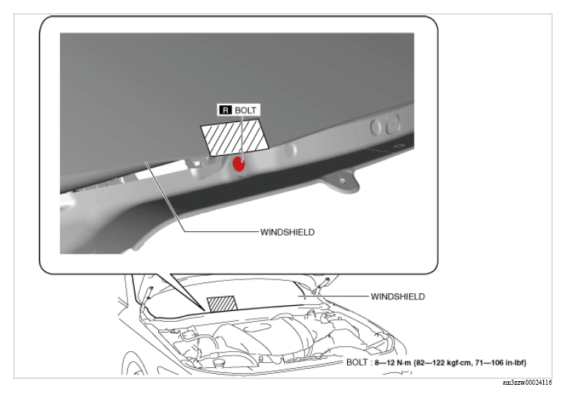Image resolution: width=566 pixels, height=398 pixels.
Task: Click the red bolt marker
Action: [x=239, y=164]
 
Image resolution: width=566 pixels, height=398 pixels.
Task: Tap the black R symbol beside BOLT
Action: [x=226, y=110]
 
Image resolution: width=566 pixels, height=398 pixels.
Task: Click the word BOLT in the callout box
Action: [x=245, y=110]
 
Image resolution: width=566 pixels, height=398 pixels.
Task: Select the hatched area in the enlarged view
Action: [x=234, y=138]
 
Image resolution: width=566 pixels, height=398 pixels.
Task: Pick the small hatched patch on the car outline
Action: [x=223, y=304]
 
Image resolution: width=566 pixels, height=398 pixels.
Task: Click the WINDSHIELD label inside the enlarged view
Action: [x=287, y=232]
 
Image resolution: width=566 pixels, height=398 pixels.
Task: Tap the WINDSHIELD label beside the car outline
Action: [x=398, y=296]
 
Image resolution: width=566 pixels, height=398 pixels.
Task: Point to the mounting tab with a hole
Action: [x=341, y=181]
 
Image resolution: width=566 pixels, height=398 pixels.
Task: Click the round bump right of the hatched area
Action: [x=291, y=151]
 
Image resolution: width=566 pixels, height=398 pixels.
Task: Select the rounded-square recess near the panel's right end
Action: [x=392, y=124]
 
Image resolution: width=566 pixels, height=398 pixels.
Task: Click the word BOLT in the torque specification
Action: [x=357, y=362]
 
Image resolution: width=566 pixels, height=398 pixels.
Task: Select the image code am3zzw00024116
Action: [x=527, y=383]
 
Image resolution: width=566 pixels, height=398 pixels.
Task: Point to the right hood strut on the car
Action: [x=321, y=285]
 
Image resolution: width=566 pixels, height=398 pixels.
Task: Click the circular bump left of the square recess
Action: [x=376, y=127]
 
